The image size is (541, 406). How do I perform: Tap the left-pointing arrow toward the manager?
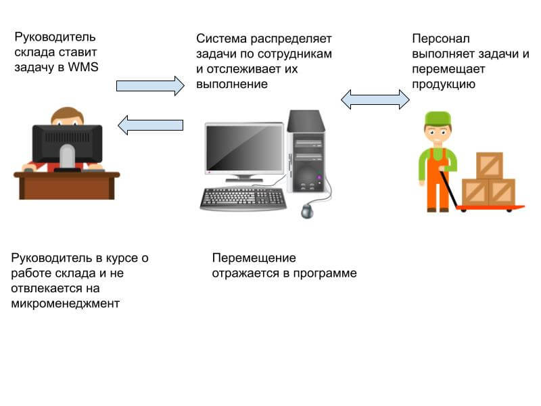click(x=151, y=125)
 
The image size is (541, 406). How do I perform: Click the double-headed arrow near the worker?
click(x=375, y=100)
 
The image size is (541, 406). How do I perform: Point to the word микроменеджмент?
click(x=65, y=304)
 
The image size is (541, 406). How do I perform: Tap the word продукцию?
click(x=444, y=85)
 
